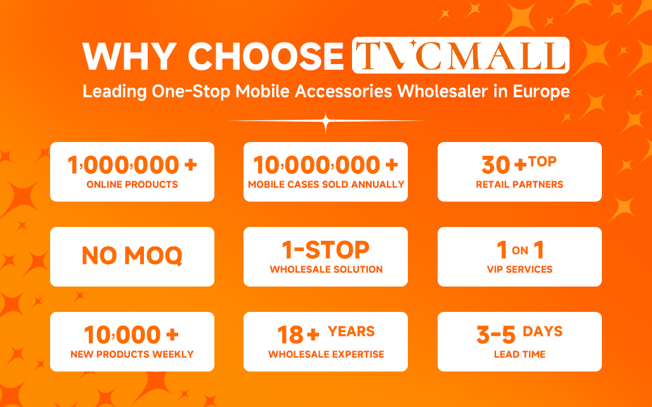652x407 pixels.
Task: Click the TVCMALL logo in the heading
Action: pyautogui.click(x=460, y=56)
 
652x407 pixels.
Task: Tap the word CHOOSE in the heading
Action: pyautogui.click(x=266, y=57)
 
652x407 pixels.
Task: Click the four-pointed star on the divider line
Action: pyautogui.click(x=325, y=122)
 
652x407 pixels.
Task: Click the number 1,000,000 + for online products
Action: pyautogui.click(x=132, y=165)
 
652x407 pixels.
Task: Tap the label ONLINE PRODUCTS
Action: pyautogui.click(x=132, y=184)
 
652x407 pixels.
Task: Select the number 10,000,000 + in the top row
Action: pyautogui.click(x=325, y=165)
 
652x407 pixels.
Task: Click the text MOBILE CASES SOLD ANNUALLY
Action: pyautogui.click(x=325, y=184)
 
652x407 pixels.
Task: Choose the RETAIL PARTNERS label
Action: pyautogui.click(x=519, y=184)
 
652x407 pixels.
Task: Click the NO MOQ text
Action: pyautogui.click(x=132, y=255)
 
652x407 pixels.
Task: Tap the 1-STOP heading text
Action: pyautogui.click(x=325, y=250)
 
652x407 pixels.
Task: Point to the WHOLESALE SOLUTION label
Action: pyautogui.click(x=325, y=269)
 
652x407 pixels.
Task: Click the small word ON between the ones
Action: pyautogui.click(x=519, y=251)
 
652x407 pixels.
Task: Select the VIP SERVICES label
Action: pyautogui.click(x=519, y=269)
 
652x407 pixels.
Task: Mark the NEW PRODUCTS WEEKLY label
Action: pyautogui.click(x=132, y=354)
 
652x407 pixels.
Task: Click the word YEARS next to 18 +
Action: pyautogui.click(x=351, y=331)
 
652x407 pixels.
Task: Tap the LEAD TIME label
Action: pyautogui.click(x=519, y=354)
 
